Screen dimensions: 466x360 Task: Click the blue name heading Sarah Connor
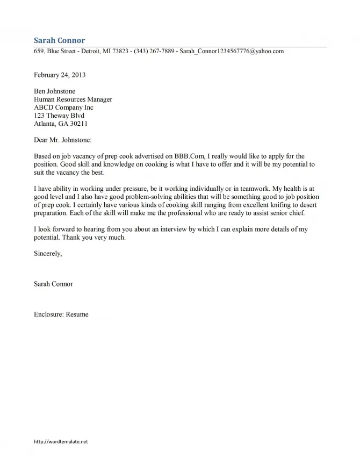pyautogui.click(x=59, y=40)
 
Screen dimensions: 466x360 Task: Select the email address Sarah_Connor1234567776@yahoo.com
pyautogui.click(x=232, y=52)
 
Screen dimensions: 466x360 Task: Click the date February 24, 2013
pyautogui.click(x=60, y=75)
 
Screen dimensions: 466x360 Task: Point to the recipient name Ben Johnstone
pyautogui.click(x=54, y=91)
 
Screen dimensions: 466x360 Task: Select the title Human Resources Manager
pyautogui.click(x=73, y=99)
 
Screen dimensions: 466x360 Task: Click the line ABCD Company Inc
pyautogui.click(x=63, y=107)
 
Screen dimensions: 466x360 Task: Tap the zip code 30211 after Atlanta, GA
pyautogui.click(x=75, y=124)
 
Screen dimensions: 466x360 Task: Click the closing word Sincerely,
pyautogui.click(x=48, y=254)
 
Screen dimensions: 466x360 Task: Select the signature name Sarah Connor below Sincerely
pyautogui.click(x=53, y=284)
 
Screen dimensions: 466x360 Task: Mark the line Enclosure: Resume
pyautogui.click(x=61, y=314)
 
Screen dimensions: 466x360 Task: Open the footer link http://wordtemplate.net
pyautogui.click(x=60, y=441)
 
